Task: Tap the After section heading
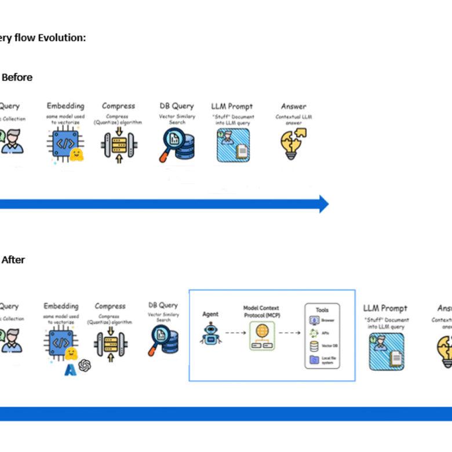click(x=13, y=260)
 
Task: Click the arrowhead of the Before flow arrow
click(x=322, y=204)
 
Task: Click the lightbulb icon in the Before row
click(x=294, y=144)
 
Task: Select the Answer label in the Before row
click(x=294, y=106)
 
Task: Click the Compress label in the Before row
click(x=118, y=106)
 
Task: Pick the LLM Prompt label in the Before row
click(x=232, y=107)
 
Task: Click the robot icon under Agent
click(x=210, y=334)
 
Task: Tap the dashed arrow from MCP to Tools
click(x=292, y=333)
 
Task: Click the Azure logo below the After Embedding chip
click(x=71, y=368)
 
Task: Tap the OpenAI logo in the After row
click(x=85, y=365)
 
